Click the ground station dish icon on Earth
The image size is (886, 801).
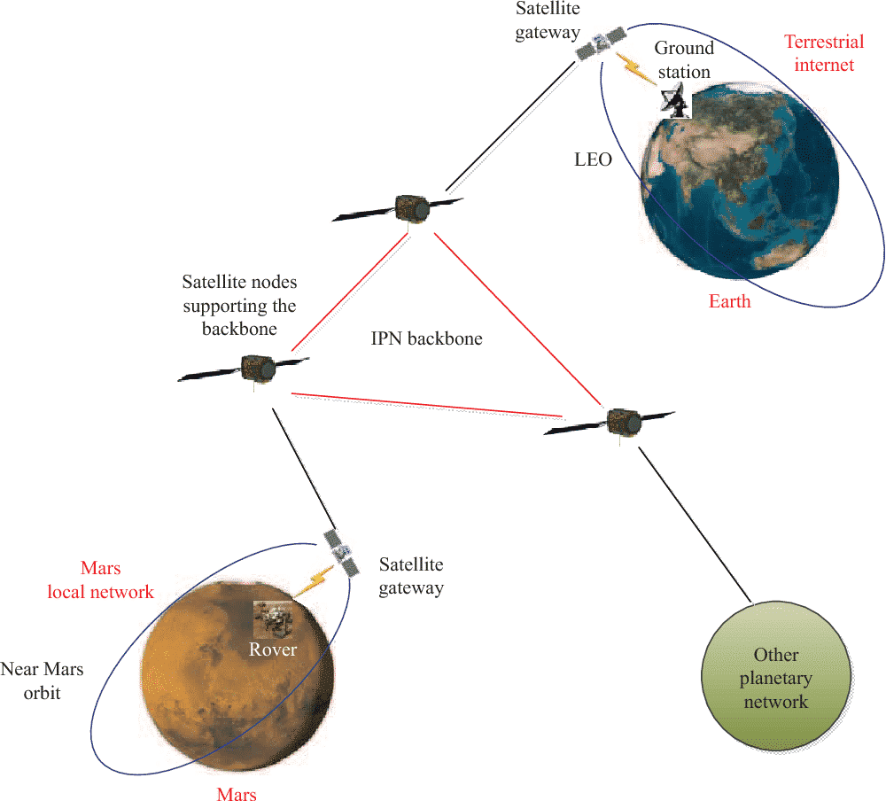[676, 101]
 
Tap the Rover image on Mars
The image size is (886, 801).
[273, 620]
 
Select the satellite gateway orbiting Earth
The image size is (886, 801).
[601, 43]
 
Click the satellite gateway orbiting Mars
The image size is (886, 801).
[341, 553]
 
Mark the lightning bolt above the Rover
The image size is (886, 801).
[315, 581]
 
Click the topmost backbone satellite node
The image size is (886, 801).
[398, 209]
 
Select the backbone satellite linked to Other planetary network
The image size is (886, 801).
[610, 423]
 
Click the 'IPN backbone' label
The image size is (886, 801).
[427, 338]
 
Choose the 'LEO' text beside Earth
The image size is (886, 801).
[593, 160]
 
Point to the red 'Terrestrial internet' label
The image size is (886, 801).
[824, 53]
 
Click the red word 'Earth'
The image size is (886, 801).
[729, 301]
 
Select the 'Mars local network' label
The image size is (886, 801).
[101, 580]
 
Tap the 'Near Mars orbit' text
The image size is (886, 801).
[42, 680]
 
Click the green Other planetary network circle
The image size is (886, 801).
[776, 677]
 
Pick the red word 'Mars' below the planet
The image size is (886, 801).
[237, 794]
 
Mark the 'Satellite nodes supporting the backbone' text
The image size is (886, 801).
[239, 306]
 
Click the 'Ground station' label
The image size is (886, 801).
[684, 60]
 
